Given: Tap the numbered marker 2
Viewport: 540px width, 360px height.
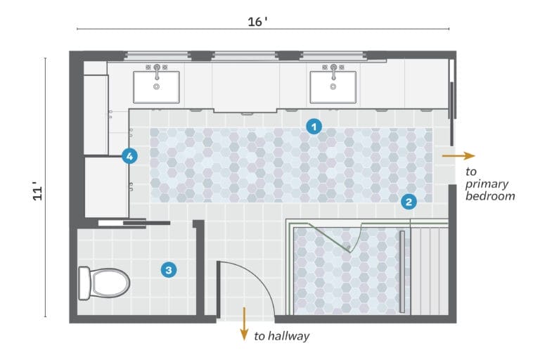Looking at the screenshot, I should click(409, 202).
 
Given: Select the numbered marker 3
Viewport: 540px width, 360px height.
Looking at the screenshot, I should click(167, 269).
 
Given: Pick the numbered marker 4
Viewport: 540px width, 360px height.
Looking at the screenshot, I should click(129, 156).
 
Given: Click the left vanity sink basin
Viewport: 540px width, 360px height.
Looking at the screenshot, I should click(156, 86).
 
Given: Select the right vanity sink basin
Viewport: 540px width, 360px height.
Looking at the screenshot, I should click(333, 86).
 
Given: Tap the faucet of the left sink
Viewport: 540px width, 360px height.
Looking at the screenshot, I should click(156, 69).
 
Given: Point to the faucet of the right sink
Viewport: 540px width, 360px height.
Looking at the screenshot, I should click(333, 69).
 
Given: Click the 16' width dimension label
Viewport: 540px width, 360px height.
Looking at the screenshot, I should click(258, 21).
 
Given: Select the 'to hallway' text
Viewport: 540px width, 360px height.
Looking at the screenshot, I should click(281, 337).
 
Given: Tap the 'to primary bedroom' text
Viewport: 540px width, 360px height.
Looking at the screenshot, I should click(490, 184).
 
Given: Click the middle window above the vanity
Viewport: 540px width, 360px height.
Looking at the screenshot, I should click(244, 56).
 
